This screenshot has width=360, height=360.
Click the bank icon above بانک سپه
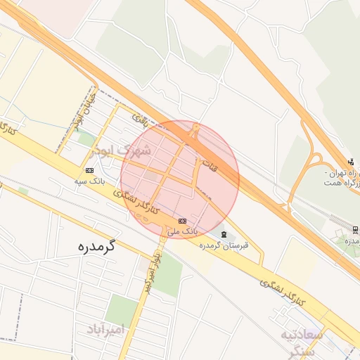89,170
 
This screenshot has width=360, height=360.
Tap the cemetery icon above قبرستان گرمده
224,233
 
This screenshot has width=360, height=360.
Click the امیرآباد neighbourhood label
105,328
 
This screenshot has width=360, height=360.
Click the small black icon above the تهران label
351,162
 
